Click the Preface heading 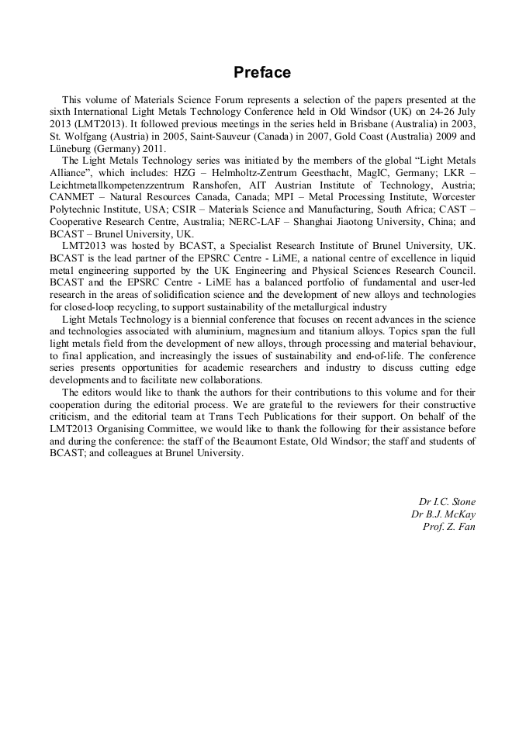262,73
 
